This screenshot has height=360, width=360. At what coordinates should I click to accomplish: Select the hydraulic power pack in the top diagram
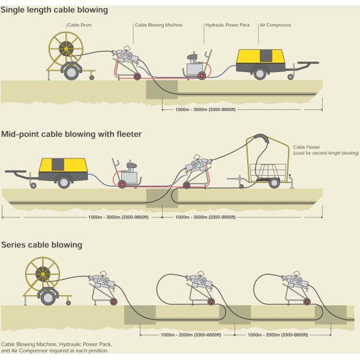click(x=195, y=65)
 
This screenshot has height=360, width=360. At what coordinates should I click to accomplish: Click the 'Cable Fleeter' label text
click(x=306, y=147)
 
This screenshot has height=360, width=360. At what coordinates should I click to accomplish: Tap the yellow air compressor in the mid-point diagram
click(x=61, y=167)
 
